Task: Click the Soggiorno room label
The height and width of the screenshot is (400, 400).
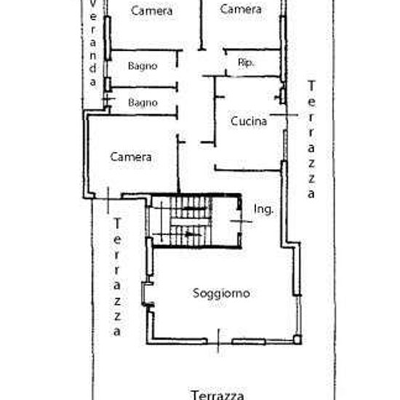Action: click(221, 293)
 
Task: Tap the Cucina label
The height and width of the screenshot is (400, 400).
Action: click(249, 121)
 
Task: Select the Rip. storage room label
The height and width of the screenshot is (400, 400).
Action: click(246, 63)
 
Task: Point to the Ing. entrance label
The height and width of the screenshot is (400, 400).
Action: click(263, 209)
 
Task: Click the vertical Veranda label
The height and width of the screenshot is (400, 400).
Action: click(93, 44)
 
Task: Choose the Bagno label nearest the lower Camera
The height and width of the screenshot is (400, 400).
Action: click(143, 103)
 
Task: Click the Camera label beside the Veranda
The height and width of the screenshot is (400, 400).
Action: click(151, 11)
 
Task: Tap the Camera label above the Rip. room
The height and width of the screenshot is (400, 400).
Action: click(241, 9)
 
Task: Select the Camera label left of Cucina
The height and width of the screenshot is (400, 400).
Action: click(131, 157)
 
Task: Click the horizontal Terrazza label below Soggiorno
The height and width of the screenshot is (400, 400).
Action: click(217, 395)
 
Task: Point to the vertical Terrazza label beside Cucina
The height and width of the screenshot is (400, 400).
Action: click(311, 139)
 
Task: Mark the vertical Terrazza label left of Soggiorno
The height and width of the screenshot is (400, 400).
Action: click(117, 277)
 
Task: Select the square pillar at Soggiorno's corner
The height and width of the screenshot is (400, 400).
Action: click(297, 340)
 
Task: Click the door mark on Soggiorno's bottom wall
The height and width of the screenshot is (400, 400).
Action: click(218, 341)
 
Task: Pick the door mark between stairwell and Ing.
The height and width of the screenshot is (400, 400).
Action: click(241, 221)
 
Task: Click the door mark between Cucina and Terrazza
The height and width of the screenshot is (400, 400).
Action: click(284, 115)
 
